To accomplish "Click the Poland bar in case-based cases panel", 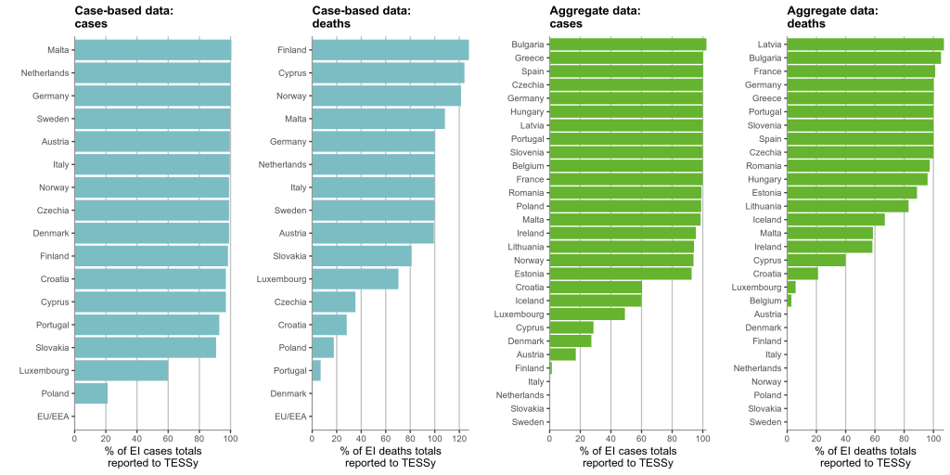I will click(91, 393).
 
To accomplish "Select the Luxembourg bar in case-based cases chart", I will click(122, 370).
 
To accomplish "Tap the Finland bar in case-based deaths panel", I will click(390, 50).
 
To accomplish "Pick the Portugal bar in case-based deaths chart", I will click(316, 370).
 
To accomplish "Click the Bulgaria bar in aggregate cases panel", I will click(627, 44).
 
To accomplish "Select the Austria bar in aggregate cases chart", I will click(562, 353).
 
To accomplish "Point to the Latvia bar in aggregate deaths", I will click(865, 44).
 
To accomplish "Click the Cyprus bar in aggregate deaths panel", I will click(815, 260).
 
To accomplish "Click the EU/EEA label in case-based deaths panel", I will click(290, 417).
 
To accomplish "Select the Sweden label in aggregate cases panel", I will click(528, 422).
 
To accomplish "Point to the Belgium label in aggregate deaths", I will click(765, 301).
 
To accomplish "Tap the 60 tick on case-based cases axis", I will click(168, 439).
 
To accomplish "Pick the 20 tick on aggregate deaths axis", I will click(815, 439).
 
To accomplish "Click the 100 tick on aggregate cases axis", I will click(702, 439).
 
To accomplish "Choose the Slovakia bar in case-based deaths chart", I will click(361, 256).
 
